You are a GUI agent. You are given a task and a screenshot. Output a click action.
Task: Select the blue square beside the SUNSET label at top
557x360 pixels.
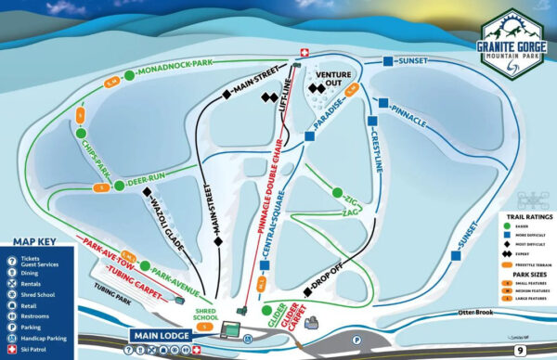tap(387, 62)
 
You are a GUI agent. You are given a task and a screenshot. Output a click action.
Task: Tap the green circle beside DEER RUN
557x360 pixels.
tap(119, 186)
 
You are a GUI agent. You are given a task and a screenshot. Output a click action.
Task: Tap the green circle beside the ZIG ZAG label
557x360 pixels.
tap(337, 194)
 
